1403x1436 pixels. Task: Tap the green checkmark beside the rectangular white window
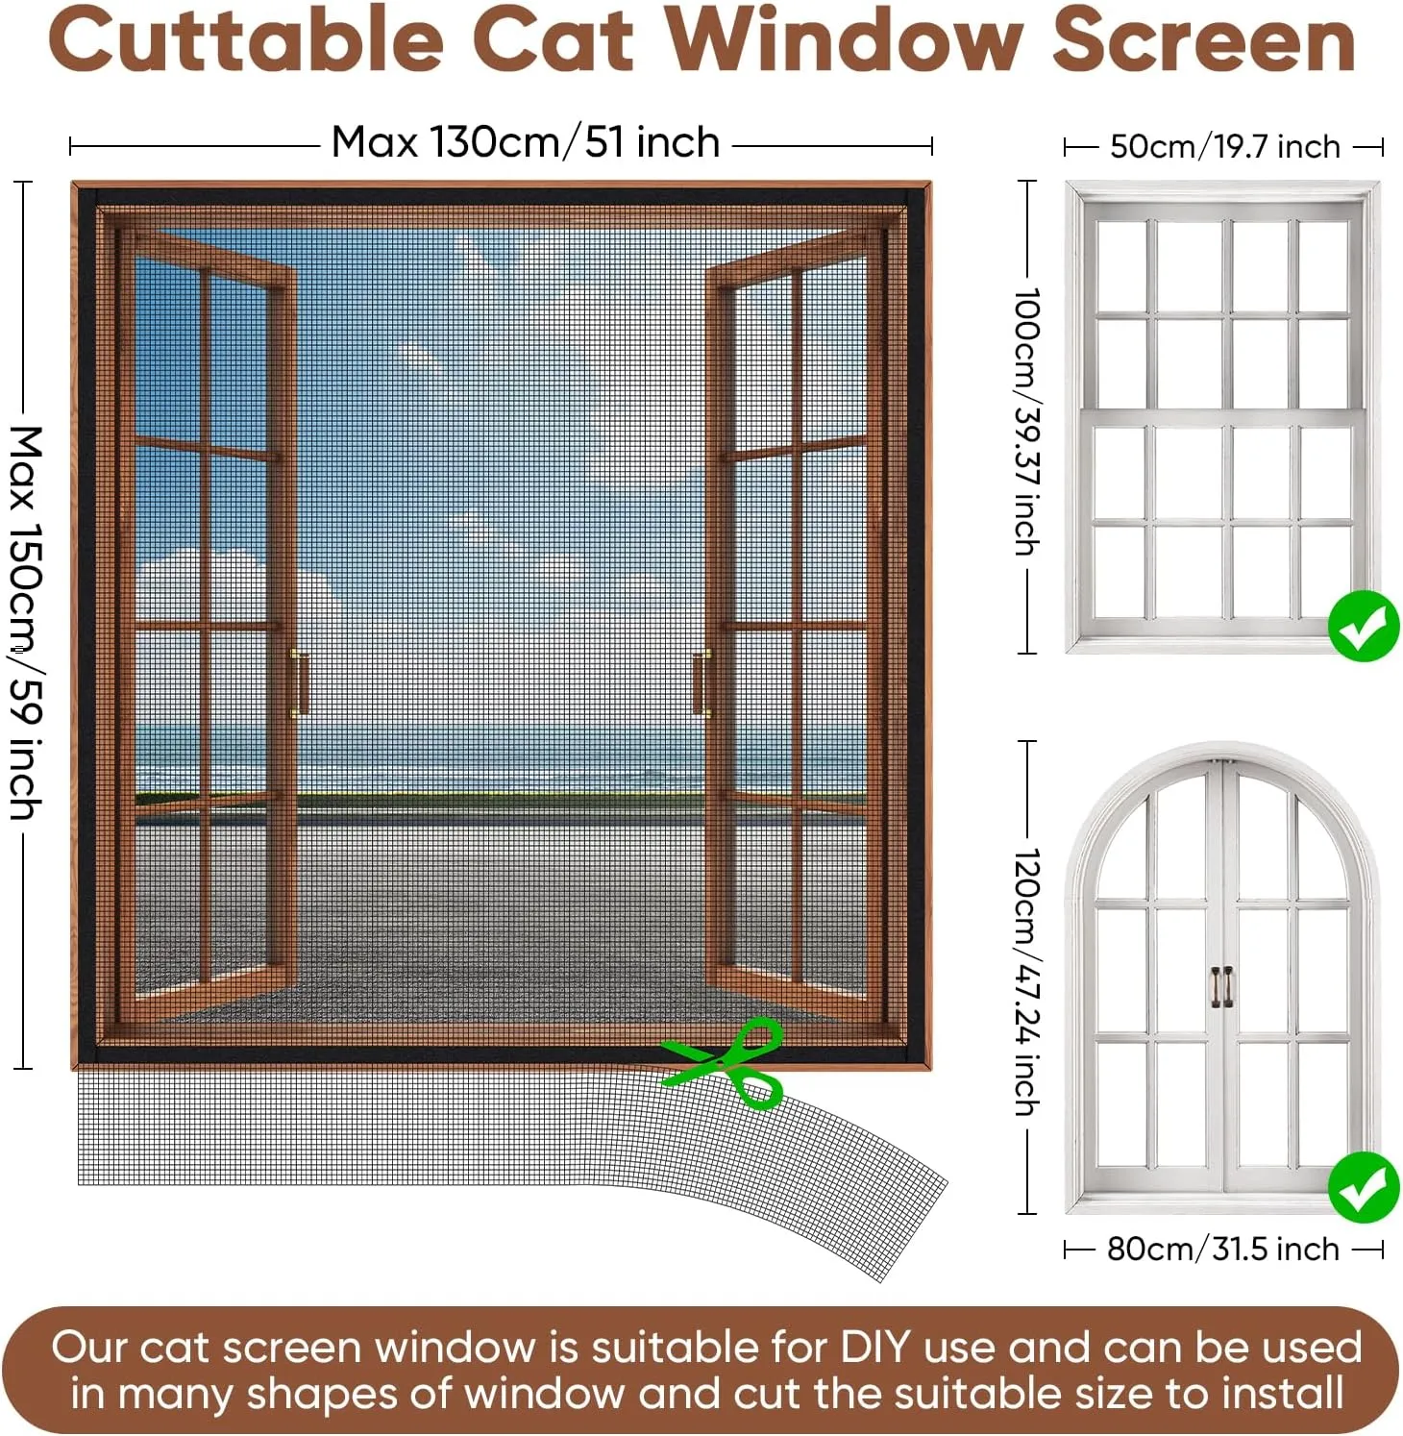(1364, 627)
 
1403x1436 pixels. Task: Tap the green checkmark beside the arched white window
(1364, 1187)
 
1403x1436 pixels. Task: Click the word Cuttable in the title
(246, 39)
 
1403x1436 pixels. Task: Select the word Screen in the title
(1204, 39)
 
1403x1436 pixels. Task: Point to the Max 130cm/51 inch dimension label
(526, 142)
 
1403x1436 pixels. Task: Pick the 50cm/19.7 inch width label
(1224, 147)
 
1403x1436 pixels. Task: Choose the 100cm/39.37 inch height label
(1027, 421)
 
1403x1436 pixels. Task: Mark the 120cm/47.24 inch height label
(1027, 981)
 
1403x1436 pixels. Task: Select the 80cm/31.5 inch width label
(1223, 1249)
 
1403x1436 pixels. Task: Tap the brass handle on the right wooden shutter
(702, 682)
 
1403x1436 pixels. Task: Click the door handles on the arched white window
(1221, 987)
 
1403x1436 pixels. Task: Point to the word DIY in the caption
(874, 1348)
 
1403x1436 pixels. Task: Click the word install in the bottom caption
(1291, 1394)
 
